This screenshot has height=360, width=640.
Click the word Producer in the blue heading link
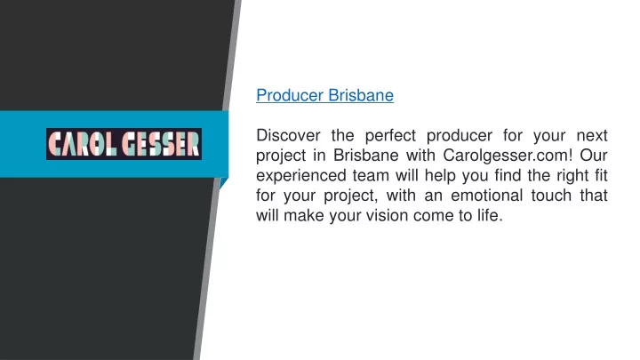coord(290,95)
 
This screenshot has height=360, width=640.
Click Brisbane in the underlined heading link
coord(361,95)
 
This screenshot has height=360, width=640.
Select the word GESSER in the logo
coord(161,144)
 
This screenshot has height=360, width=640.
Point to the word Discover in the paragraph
coord(288,135)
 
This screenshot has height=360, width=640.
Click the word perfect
coord(390,135)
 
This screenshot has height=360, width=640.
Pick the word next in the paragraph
coord(592,135)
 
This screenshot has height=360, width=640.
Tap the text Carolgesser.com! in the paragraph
coord(508,155)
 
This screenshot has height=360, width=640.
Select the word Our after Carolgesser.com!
coord(594,155)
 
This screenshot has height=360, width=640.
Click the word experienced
coord(301,175)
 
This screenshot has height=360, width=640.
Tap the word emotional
coord(486,196)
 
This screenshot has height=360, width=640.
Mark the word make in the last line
coord(303,215)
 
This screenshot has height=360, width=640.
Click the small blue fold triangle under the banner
coord(223,182)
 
